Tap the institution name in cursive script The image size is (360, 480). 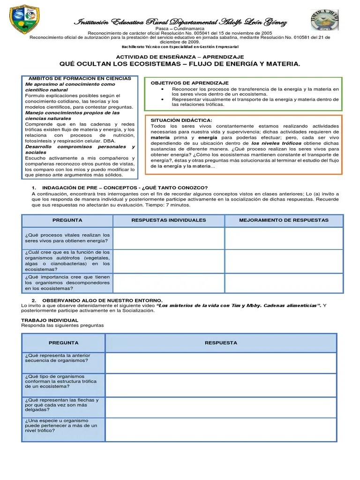(180, 23)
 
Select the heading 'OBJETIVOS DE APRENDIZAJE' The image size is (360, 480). (189, 83)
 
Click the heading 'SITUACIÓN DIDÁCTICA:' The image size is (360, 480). (181, 120)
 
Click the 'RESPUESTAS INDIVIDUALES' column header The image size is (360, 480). (169, 220)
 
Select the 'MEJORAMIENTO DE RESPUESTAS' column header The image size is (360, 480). (284, 220)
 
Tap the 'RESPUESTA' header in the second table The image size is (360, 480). (221, 343)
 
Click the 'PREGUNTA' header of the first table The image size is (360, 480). (67, 220)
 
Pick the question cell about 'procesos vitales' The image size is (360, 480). (67, 238)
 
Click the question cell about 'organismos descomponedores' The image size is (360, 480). (67, 283)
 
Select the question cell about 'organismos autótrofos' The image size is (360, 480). (67, 261)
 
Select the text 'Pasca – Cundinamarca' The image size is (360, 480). (180, 29)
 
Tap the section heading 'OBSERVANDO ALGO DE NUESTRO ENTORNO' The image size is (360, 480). (102, 300)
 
